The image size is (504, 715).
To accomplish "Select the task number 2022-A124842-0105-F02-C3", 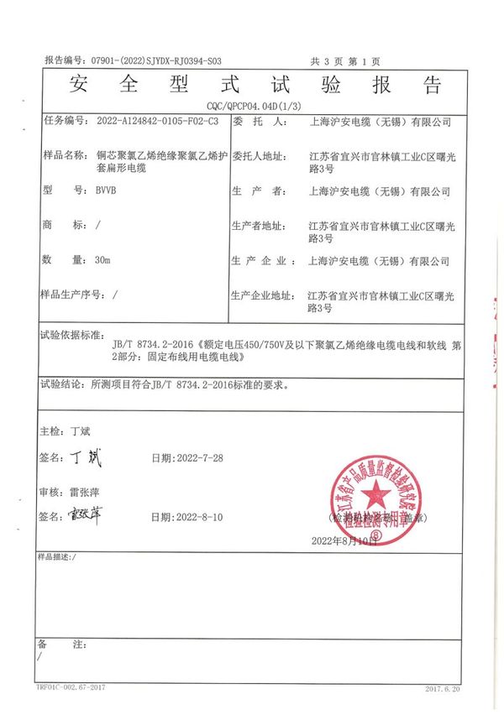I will click(148, 121).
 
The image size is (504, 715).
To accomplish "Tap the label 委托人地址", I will click(260, 156).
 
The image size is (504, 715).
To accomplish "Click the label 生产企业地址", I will click(260, 295).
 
